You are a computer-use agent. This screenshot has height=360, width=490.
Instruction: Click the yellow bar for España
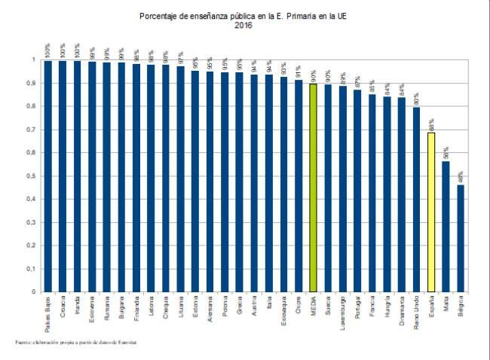pos(431,212)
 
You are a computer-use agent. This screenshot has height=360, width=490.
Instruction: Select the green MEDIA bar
pos(313,188)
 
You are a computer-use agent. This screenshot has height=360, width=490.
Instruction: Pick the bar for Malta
pos(446,226)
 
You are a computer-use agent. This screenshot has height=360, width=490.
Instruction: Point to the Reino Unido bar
pos(416,199)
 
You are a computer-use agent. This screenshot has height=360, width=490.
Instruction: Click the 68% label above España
pos(431,124)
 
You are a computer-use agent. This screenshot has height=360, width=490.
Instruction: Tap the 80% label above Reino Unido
pos(416,99)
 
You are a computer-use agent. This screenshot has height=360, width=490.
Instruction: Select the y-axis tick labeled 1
pos(34,60)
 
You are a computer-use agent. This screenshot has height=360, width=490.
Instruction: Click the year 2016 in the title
pos(243,25)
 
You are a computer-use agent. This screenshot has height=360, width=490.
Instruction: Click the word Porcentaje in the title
pos(160,15)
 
